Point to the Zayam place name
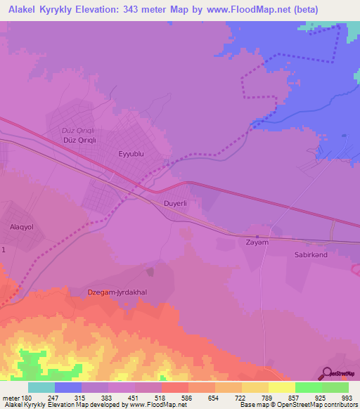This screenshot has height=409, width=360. point(257,242)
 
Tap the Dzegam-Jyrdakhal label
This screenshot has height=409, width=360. point(117,292)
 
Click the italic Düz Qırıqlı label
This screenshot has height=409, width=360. point(78,131)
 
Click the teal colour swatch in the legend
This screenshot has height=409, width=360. point(41,387)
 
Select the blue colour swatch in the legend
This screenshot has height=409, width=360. point(68,387)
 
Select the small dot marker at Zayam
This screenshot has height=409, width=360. point(257,235)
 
